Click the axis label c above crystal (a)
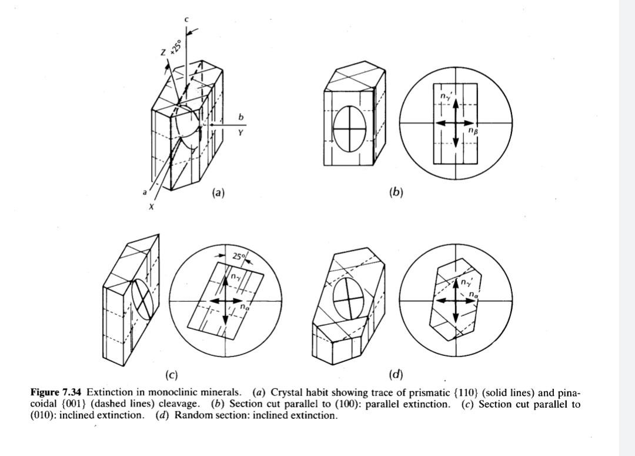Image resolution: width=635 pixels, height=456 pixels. tap(186, 19)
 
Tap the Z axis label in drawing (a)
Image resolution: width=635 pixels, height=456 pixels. tap(164, 54)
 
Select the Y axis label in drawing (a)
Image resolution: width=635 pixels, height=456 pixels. tap(240, 132)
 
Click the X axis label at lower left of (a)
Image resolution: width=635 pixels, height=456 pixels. tap(151, 207)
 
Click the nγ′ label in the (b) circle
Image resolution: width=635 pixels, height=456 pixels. tap(445, 95)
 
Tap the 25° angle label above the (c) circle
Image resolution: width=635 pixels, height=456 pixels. tap(238, 257)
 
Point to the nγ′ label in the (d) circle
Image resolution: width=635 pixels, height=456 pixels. tap(466, 282)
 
